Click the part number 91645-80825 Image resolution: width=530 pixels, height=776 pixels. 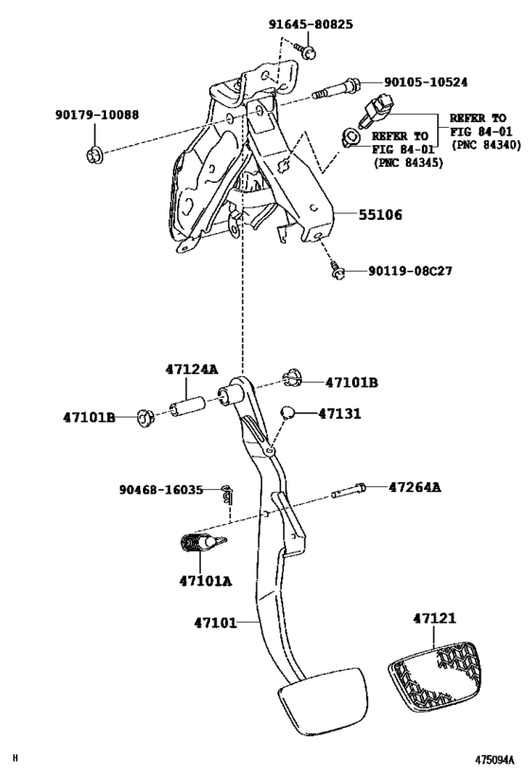pos(308,24)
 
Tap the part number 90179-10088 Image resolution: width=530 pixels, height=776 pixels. pos(96,116)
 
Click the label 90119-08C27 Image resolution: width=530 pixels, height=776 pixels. pos(410,271)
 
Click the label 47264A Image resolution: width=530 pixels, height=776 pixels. pos(415,488)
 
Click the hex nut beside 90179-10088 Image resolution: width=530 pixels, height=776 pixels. pos(94,153)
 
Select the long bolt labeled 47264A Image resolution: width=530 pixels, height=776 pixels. pos(347,492)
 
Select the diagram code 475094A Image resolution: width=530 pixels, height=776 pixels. pos(494,760)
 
